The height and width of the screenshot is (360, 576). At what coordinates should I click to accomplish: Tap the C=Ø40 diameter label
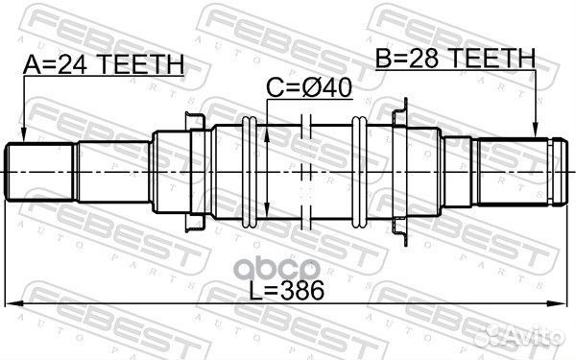(x=309, y=88)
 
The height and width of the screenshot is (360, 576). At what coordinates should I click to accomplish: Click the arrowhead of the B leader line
(x=535, y=133)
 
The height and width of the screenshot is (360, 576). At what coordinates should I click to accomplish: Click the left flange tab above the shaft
(x=191, y=117)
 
